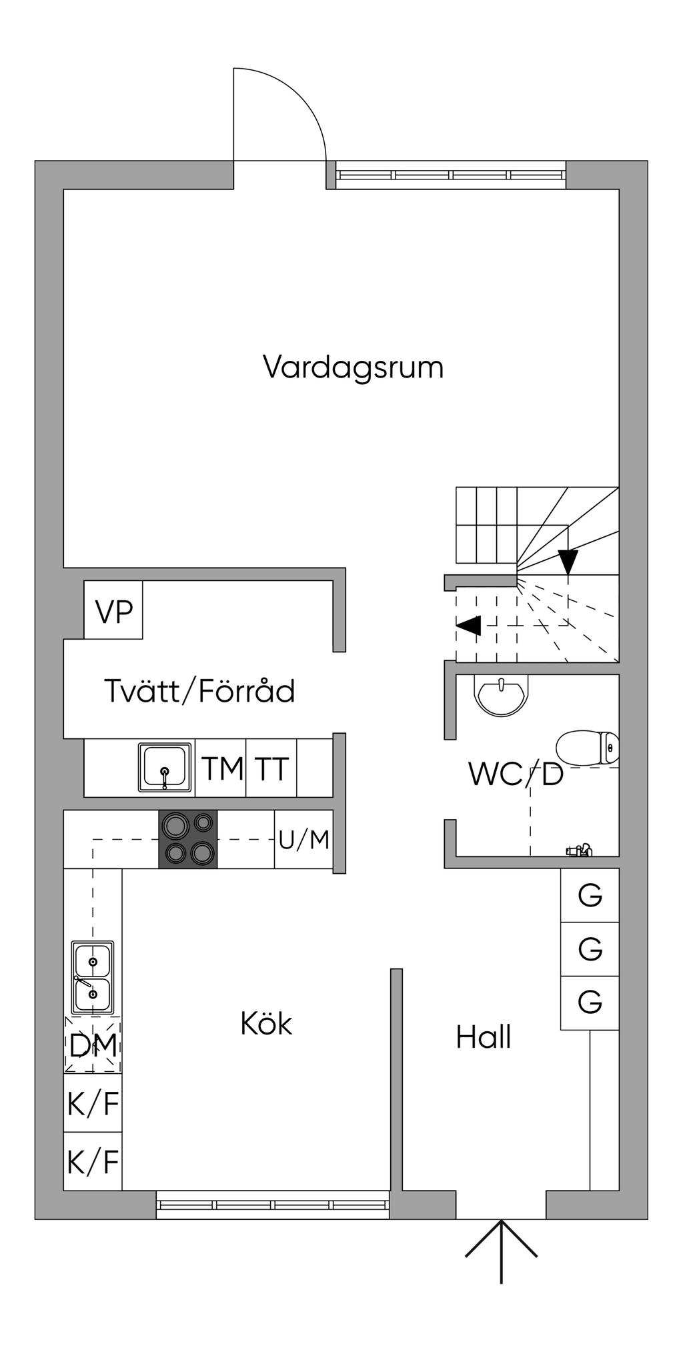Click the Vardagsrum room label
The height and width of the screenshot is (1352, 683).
point(353,368)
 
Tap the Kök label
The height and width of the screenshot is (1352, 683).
point(266,1023)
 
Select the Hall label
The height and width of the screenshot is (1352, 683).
point(484,1037)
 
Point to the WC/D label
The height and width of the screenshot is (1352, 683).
point(516,774)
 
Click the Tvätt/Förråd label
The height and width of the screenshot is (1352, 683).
point(199,691)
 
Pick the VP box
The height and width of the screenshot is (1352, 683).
point(113,610)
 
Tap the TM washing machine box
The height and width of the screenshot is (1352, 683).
point(221,768)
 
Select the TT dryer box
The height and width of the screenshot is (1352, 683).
point(271,768)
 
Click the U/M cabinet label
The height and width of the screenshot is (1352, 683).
point(304,840)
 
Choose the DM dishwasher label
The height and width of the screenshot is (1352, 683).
point(93,1045)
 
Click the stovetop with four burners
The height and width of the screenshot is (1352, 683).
point(188,839)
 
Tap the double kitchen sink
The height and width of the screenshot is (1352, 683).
point(93,978)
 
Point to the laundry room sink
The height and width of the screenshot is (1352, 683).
point(165,767)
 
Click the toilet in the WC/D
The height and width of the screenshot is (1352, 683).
point(587,748)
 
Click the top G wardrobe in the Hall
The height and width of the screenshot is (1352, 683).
point(590,895)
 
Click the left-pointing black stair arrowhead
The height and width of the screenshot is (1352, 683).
point(468,625)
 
